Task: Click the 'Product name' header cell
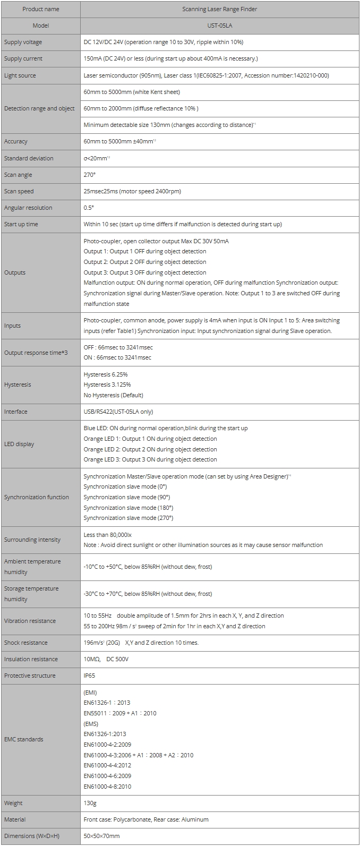coord(40,9)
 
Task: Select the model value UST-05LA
coord(220,25)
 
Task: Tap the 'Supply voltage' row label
coord(23,42)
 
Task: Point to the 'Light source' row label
coord(20,75)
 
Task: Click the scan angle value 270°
coord(90,175)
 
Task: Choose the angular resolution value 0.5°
coord(89,208)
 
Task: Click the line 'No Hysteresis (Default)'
coord(113,395)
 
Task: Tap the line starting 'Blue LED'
coord(165,428)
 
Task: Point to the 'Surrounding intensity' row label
coord(32,540)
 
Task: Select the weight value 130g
coord(90,803)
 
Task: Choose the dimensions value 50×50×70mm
coord(101,836)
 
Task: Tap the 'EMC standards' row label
coord(24,739)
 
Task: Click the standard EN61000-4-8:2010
coord(107,787)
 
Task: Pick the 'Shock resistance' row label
coord(26,643)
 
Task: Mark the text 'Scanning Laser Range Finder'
coord(220,9)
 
